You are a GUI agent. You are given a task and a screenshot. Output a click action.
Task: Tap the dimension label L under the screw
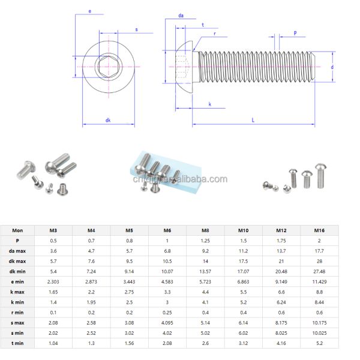[x=254, y=120]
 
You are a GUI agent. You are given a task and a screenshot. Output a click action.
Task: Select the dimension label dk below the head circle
[x=108, y=120]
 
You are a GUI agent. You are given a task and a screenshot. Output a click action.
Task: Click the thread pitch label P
[x=295, y=33]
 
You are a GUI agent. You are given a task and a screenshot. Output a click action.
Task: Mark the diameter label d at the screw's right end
[x=332, y=67]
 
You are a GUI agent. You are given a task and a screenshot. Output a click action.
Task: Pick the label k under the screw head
[x=209, y=104]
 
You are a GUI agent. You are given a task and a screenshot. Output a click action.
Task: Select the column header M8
[x=205, y=230]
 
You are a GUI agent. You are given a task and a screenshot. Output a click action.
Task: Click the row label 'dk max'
[x=17, y=262]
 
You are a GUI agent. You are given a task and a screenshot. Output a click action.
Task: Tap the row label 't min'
[x=17, y=343]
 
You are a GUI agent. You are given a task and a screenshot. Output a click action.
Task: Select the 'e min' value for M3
[x=53, y=281]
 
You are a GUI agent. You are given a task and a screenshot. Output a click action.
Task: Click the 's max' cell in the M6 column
[x=167, y=322]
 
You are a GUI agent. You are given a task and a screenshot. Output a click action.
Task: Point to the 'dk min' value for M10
[x=243, y=271]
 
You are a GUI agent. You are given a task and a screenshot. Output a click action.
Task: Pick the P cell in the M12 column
[x=281, y=241]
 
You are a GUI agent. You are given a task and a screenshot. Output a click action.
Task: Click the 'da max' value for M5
[x=129, y=251]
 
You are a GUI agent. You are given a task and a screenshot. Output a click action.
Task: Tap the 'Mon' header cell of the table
[x=17, y=230]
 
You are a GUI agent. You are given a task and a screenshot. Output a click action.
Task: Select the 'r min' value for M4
[x=91, y=312]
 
